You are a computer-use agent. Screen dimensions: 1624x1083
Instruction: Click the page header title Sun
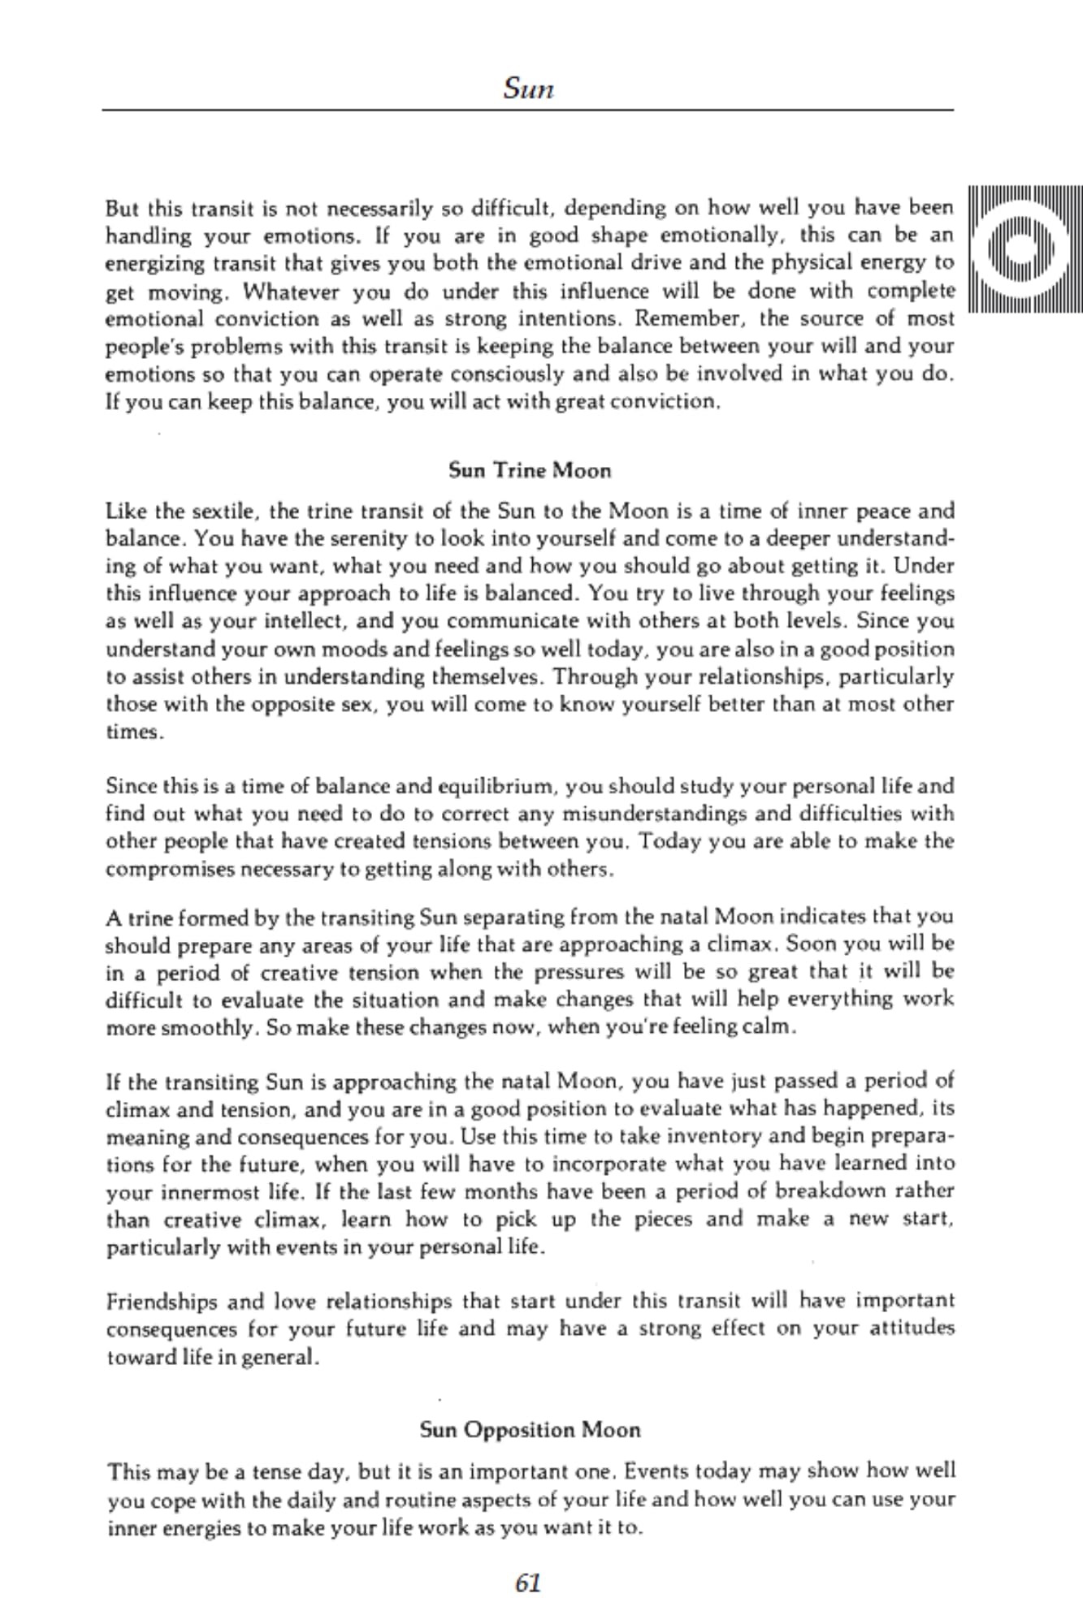click(528, 87)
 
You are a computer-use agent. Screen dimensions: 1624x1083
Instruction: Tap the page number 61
click(528, 1584)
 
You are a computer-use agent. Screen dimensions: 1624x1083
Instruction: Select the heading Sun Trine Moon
click(530, 471)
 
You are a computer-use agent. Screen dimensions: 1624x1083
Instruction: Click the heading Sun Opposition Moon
click(530, 1430)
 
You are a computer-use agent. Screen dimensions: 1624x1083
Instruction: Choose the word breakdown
click(830, 1191)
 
